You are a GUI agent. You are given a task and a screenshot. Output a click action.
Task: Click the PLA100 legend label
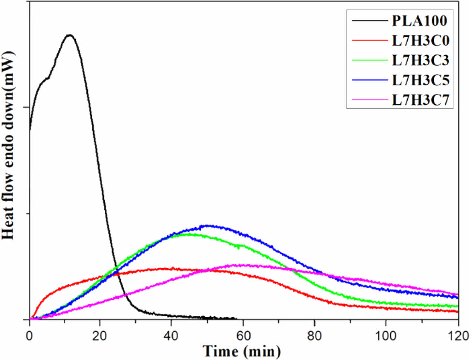[x=419, y=21]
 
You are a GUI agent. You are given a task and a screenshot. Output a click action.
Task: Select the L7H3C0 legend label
[x=420, y=41]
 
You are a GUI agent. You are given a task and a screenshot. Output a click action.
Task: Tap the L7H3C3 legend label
[x=420, y=60]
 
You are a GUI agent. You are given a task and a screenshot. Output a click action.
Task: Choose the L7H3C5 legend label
[x=420, y=80]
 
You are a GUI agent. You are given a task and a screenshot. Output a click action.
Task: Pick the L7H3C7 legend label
[x=420, y=100]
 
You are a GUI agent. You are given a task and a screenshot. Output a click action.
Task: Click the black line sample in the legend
[x=369, y=21]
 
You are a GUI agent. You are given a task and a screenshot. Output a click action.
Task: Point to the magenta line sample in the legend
[x=369, y=100]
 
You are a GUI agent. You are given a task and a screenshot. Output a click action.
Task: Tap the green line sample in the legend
[x=369, y=60]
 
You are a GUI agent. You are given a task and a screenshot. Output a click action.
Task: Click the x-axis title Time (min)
[x=241, y=351]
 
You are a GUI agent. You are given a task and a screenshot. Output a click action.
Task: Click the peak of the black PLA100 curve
[x=69, y=35]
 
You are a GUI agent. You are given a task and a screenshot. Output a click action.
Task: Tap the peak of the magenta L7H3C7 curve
[x=239, y=265]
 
